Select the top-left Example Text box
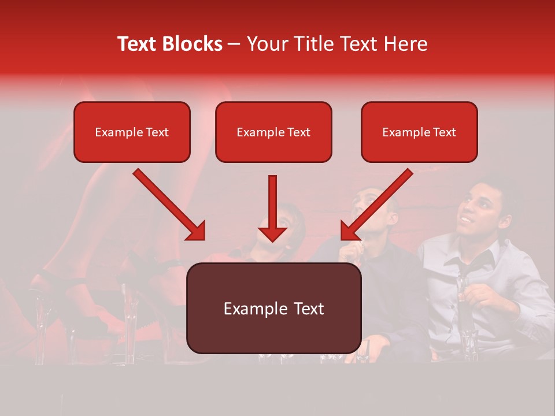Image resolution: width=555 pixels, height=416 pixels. coord(132,132)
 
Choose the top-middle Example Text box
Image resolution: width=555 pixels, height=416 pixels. coord(273,132)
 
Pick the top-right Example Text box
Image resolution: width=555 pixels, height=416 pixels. coord(419,132)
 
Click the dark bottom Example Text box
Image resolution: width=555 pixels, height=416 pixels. coord(273,308)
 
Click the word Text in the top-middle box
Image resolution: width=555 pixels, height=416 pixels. coord(298,132)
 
